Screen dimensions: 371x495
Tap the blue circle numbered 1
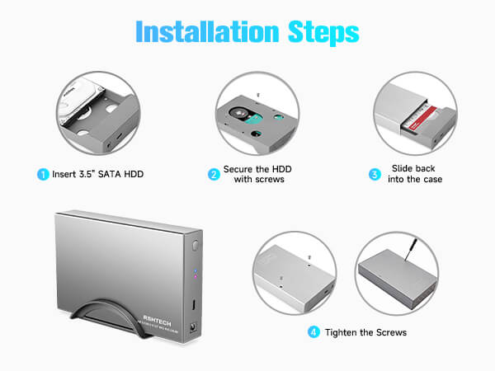(x=41, y=174)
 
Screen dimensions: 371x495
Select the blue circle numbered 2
(x=214, y=174)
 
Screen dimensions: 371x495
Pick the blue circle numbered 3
(x=374, y=174)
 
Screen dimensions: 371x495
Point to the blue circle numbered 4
(x=313, y=332)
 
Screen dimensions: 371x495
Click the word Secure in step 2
(x=240, y=168)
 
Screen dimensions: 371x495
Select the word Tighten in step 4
(x=344, y=332)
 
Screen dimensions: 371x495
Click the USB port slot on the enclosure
(x=195, y=306)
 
